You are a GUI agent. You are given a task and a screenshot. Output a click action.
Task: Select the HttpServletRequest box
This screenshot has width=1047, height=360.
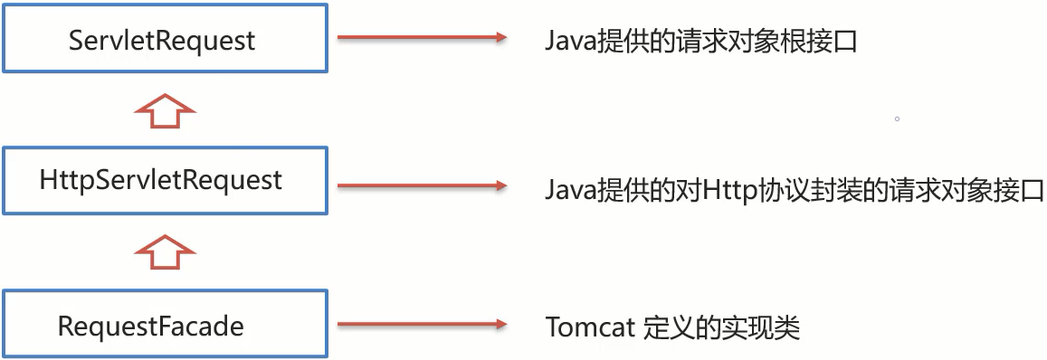click(x=163, y=181)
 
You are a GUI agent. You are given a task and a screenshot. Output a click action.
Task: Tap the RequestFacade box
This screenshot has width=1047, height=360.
click(x=163, y=324)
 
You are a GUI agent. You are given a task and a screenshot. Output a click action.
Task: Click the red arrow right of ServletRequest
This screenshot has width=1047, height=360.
click(x=421, y=38)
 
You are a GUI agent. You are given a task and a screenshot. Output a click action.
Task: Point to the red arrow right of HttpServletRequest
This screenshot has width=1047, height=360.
click(x=421, y=186)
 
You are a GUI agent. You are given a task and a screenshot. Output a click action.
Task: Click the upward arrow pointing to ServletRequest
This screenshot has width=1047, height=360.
click(x=164, y=110)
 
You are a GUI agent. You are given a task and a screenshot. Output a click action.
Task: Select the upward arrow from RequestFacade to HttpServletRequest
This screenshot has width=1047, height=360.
click(x=164, y=251)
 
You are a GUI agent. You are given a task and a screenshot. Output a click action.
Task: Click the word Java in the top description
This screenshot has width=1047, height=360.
click(x=569, y=42)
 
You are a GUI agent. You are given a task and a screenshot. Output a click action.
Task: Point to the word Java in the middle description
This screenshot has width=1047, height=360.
click(x=569, y=191)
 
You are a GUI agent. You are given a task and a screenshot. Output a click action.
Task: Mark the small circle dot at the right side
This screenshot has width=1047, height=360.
click(x=897, y=118)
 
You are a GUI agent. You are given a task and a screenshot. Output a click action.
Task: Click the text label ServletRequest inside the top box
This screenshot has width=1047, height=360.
click(x=163, y=41)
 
